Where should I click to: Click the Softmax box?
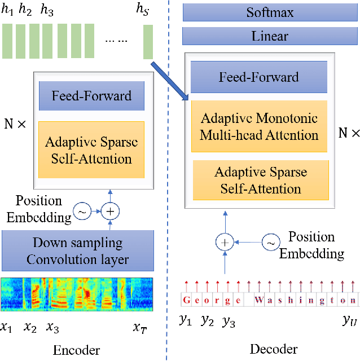(x=270, y=12)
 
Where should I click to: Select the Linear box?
(x=270, y=36)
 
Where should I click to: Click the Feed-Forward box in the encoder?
(x=91, y=96)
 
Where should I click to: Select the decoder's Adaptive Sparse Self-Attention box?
(x=261, y=180)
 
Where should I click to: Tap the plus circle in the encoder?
(x=111, y=212)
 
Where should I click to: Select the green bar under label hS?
(x=148, y=42)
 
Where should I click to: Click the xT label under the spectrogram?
(x=140, y=328)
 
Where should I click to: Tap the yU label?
(x=349, y=321)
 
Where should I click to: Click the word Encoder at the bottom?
(x=76, y=350)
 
